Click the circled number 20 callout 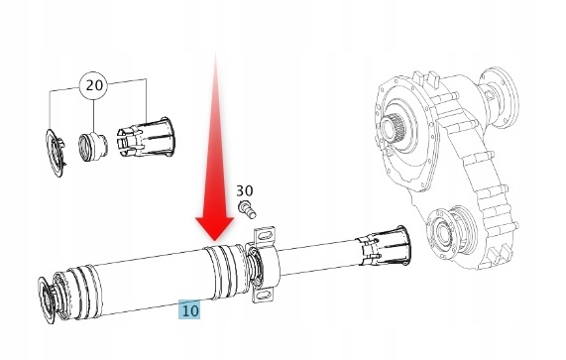(93, 85)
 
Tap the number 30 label (245, 190)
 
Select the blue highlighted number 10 (189, 309)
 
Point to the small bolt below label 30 (247, 208)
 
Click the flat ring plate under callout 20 (55, 154)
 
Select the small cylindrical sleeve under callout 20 (93, 148)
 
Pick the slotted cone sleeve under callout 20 (145, 137)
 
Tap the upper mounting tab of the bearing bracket (266, 236)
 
